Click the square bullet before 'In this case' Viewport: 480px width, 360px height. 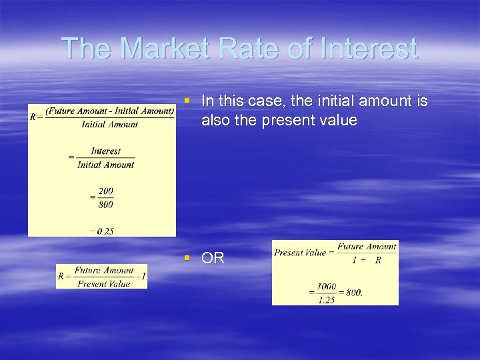(x=188, y=101)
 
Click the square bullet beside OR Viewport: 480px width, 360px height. (x=188, y=258)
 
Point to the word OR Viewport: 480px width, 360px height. (x=213, y=259)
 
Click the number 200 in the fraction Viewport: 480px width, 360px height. (x=105, y=191)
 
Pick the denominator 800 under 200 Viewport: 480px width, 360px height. (x=105, y=205)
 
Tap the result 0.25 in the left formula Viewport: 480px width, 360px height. (x=105, y=231)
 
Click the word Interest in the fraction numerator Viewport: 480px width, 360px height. (x=105, y=151)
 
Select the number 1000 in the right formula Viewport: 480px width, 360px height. (x=326, y=287)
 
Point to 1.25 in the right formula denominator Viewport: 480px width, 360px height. (x=326, y=300)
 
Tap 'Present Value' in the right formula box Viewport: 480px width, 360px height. (x=299, y=253)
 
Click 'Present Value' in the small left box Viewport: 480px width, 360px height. (x=103, y=283)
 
